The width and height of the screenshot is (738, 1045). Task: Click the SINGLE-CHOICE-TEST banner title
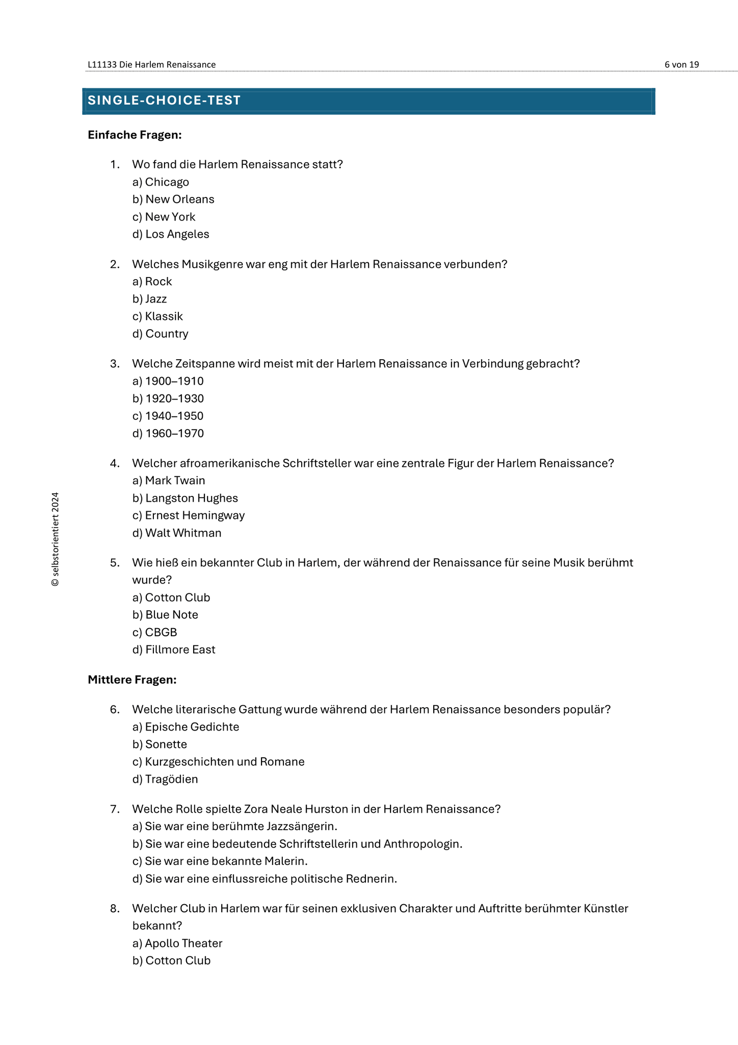point(164,101)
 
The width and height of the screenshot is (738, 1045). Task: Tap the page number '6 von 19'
point(681,65)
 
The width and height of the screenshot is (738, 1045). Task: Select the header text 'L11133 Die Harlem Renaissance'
point(151,65)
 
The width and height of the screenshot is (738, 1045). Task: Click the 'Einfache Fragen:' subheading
point(135,135)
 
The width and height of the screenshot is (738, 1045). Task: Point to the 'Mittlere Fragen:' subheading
point(132,680)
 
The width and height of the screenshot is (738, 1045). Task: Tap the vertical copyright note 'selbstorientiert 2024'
point(56,539)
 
